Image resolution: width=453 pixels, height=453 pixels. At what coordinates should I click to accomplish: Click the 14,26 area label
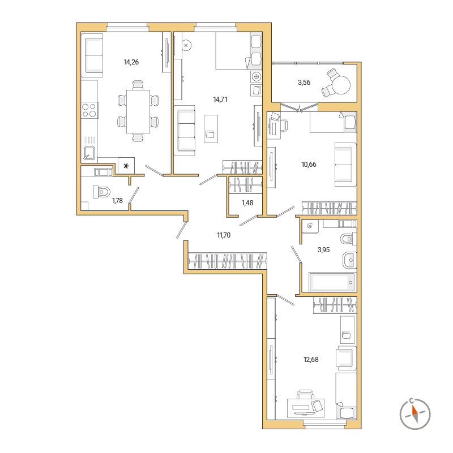tap(131, 62)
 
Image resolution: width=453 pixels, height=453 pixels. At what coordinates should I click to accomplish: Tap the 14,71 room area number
tap(220, 100)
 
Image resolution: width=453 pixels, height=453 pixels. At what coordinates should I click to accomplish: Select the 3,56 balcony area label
tap(304, 83)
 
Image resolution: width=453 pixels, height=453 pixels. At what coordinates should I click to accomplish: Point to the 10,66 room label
tap(309, 165)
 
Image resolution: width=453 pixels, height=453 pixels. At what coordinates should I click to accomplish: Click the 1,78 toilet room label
tap(117, 201)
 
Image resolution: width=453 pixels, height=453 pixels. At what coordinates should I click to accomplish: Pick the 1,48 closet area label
tap(247, 203)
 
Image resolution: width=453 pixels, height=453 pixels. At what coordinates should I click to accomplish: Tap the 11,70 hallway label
tap(224, 235)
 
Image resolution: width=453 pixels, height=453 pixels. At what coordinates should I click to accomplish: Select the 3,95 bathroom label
tap(323, 250)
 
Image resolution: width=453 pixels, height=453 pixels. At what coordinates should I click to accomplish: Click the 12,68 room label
tap(311, 360)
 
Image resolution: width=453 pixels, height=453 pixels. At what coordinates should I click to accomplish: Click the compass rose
tap(415, 414)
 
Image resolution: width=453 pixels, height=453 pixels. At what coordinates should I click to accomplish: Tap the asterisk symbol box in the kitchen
tap(126, 166)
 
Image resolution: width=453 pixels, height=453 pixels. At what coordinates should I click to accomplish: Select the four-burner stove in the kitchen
tap(89, 110)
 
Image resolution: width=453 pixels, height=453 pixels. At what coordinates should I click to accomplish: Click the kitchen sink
tap(89, 153)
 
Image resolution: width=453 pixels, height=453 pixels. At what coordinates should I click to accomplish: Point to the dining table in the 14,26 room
tap(138, 111)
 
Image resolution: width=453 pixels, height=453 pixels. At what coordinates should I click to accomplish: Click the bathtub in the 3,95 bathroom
tap(331, 282)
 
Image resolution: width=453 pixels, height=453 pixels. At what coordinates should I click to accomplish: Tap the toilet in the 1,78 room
tap(101, 192)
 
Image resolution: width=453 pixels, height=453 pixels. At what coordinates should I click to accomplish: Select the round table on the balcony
tap(341, 85)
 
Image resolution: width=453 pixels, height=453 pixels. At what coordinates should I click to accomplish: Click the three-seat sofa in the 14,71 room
tap(184, 131)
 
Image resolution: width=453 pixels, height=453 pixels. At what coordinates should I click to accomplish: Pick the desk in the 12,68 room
tap(305, 408)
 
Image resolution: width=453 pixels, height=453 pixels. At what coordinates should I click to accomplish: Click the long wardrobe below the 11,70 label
tap(228, 261)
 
